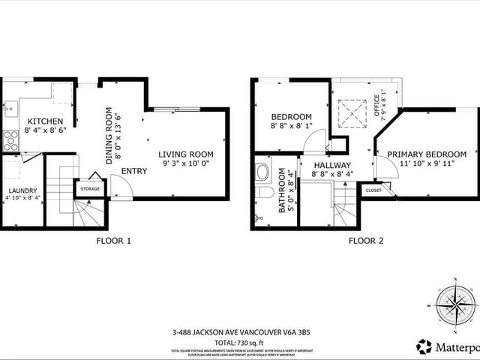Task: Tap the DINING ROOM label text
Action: tap(112, 135)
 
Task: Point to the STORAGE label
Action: tap(91, 189)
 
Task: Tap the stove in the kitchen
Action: tap(11, 140)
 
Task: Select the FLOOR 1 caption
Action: tap(114, 241)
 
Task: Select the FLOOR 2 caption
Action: tap(366, 241)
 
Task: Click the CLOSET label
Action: tap(373, 190)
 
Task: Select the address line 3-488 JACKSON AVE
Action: tap(239, 332)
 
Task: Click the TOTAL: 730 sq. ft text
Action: tap(239, 342)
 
